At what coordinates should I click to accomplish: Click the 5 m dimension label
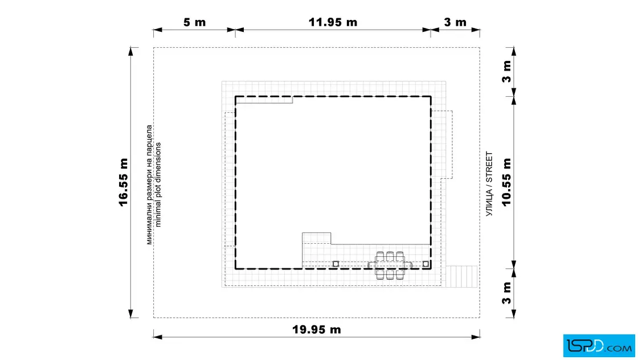(194, 22)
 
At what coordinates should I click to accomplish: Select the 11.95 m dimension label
(333, 22)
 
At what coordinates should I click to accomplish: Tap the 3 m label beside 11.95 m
(455, 22)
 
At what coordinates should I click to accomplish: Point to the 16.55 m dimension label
(124, 182)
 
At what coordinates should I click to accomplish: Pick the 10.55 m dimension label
(506, 182)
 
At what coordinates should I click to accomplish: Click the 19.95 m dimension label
(317, 329)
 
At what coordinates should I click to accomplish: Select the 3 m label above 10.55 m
(506, 72)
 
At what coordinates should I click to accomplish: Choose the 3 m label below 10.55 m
(506, 293)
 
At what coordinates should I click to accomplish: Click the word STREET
(489, 167)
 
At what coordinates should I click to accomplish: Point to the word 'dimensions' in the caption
(158, 162)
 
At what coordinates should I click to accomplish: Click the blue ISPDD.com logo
(599, 346)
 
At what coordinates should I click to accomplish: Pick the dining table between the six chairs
(390, 265)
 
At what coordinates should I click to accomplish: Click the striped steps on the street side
(461, 277)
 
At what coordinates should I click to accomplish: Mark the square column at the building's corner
(426, 264)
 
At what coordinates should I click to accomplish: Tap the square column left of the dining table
(336, 264)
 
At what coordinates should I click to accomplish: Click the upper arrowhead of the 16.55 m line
(130, 51)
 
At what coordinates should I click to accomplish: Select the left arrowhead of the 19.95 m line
(158, 337)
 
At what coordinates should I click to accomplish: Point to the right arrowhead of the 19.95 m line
(475, 337)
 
